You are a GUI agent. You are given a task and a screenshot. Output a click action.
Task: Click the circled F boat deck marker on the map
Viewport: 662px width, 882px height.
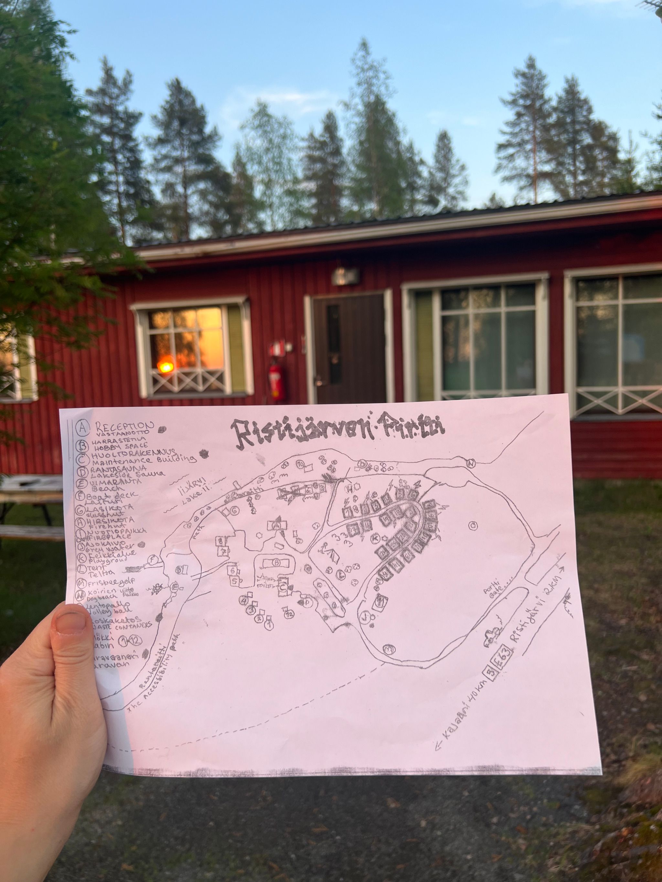coord(152,560)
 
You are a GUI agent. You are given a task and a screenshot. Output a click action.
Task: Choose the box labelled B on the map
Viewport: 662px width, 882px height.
coord(276,562)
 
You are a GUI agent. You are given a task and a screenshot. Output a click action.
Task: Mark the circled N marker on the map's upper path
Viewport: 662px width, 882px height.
coord(471,463)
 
